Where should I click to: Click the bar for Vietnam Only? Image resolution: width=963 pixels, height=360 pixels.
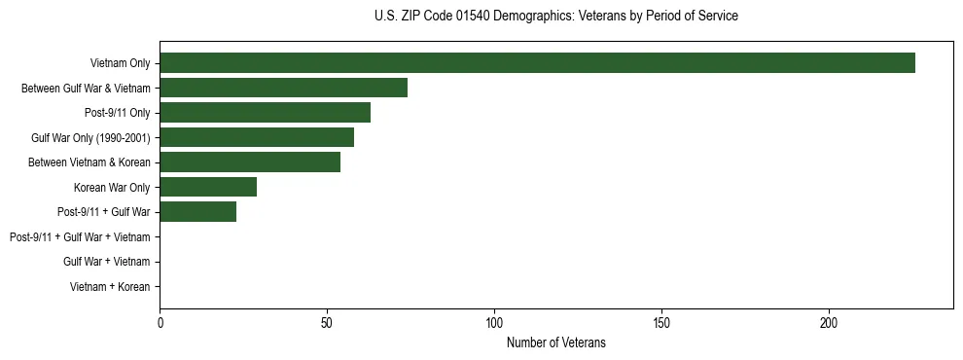(x=537, y=63)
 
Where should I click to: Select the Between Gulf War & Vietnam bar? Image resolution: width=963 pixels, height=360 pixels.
(x=283, y=89)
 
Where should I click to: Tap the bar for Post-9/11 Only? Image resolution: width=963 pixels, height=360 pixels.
(x=265, y=113)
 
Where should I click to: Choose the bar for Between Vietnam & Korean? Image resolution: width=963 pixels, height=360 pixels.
(x=250, y=162)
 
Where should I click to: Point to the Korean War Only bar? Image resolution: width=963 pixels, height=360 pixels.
(x=208, y=187)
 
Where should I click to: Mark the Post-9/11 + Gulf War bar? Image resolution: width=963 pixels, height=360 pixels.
(x=197, y=212)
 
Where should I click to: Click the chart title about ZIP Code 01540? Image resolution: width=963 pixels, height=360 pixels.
(x=555, y=17)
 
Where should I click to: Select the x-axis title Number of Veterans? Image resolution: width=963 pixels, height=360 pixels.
(x=555, y=342)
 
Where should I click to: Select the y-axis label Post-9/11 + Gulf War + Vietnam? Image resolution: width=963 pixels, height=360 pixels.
(x=80, y=237)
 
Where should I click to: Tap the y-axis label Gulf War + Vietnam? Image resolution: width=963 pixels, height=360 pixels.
(x=106, y=262)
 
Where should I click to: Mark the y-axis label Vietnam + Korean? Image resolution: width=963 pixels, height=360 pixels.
(x=110, y=287)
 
